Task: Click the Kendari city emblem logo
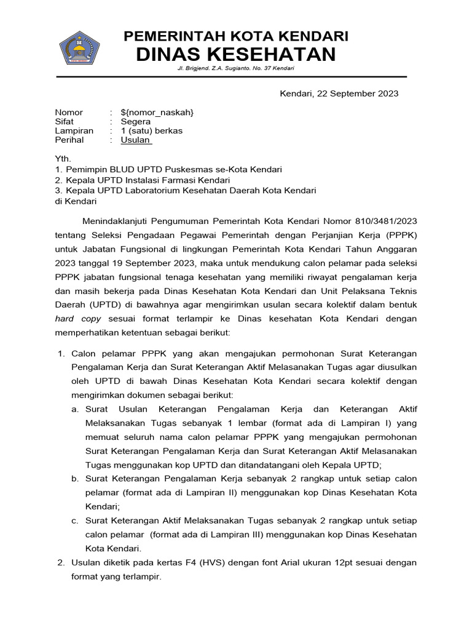click(x=79, y=47)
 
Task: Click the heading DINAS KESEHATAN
click(x=236, y=54)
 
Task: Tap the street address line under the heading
click(x=235, y=68)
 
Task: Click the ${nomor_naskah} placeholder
click(x=157, y=112)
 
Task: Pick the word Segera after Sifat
click(x=135, y=121)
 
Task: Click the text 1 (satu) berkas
click(x=151, y=130)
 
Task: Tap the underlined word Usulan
click(x=135, y=140)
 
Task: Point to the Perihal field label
click(x=69, y=140)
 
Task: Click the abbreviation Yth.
click(x=63, y=159)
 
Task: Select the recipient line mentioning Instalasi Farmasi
click(x=143, y=180)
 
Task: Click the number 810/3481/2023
click(x=387, y=220)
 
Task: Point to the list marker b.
click(x=74, y=478)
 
